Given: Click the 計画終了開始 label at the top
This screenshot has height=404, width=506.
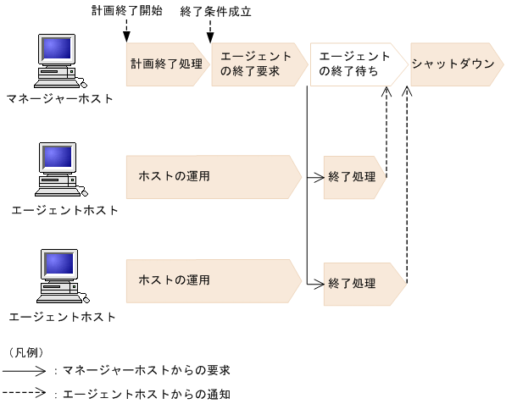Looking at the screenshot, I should point(126,11).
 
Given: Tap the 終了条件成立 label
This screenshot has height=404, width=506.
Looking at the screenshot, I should point(216,11).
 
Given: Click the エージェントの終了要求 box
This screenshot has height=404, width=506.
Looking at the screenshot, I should point(257,64).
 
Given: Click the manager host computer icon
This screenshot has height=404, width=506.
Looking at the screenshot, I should point(58,60).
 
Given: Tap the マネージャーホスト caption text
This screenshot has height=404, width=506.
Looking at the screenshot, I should point(58,99).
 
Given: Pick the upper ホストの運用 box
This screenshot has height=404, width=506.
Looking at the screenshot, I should point(212,176).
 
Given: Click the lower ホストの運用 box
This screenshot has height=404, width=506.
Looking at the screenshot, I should point(212,280).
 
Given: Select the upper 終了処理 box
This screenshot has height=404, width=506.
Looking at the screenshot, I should point(353,178).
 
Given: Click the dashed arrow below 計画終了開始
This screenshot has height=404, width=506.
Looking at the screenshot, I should point(125,30).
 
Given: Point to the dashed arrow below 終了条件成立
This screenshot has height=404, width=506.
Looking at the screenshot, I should point(209,30).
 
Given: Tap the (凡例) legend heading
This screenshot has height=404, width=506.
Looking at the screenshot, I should point(26,351).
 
